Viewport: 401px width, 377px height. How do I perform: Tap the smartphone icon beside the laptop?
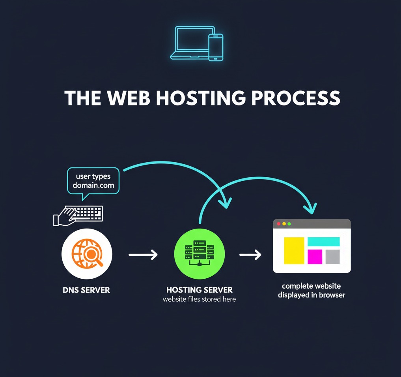tap(216, 47)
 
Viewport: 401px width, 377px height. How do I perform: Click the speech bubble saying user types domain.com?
tap(93, 181)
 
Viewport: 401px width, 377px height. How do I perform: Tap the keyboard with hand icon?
tap(79, 215)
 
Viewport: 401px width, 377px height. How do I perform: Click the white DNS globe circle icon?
tap(87, 254)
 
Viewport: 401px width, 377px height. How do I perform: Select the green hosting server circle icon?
tap(200, 254)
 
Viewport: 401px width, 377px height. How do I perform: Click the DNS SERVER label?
tap(86, 290)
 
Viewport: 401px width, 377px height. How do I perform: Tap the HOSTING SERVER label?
tap(200, 290)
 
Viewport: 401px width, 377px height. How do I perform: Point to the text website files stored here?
tap(200, 299)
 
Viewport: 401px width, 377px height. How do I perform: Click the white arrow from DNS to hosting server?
tap(143, 255)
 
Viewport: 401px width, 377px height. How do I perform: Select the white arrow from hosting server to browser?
tap(250, 255)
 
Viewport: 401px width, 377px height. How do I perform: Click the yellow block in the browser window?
tap(294, 250)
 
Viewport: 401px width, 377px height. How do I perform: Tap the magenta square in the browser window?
tap(315, 257)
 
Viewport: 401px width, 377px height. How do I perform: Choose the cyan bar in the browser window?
tap(323, 242)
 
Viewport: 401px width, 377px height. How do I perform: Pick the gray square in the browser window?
tap(332, 257)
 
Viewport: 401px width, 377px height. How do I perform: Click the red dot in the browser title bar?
tap(279, 224)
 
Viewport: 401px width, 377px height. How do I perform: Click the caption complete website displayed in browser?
tap(311, 291)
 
